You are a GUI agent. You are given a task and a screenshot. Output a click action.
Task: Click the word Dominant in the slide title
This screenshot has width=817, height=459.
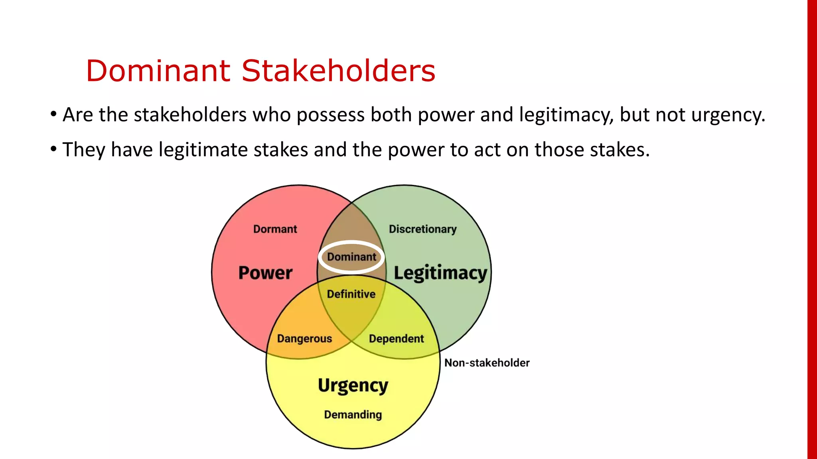[x=158, y=71]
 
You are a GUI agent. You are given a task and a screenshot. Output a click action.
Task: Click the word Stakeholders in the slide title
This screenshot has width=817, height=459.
[x=338, y=71]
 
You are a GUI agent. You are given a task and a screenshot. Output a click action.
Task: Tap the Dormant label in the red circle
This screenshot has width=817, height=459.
[x=275, y=229]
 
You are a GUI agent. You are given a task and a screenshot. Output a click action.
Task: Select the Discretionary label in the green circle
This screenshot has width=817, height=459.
[x=422, y=229]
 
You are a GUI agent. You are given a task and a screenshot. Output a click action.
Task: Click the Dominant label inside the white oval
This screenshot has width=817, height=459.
[x=351, y=257]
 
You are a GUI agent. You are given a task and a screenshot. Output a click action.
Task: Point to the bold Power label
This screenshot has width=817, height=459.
[x=265, y=273]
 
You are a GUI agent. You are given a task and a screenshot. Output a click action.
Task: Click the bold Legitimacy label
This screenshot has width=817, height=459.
[x=440, y=274]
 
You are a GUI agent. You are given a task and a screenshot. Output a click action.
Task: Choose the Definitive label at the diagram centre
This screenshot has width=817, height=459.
[x=351, y=294]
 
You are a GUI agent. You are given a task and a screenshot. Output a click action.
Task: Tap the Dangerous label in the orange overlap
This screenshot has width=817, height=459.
[x=304, y=339]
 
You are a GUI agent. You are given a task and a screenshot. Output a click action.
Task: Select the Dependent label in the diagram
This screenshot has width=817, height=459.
[x=396, y=339]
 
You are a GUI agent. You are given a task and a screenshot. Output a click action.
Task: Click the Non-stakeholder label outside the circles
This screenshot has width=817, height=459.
[x=487, y=363]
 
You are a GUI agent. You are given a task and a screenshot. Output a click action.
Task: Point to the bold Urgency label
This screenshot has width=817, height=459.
[x=353, y=386]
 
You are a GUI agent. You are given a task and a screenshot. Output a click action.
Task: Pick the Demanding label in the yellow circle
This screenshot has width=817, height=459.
[x=353, y=415]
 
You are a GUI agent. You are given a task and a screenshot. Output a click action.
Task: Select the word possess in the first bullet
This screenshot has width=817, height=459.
[x=330, y=115]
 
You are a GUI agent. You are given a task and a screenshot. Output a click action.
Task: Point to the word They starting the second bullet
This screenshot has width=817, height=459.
[x=84, y=150]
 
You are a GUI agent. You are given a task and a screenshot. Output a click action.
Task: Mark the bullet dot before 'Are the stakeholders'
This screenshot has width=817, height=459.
[x=53, y=114]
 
